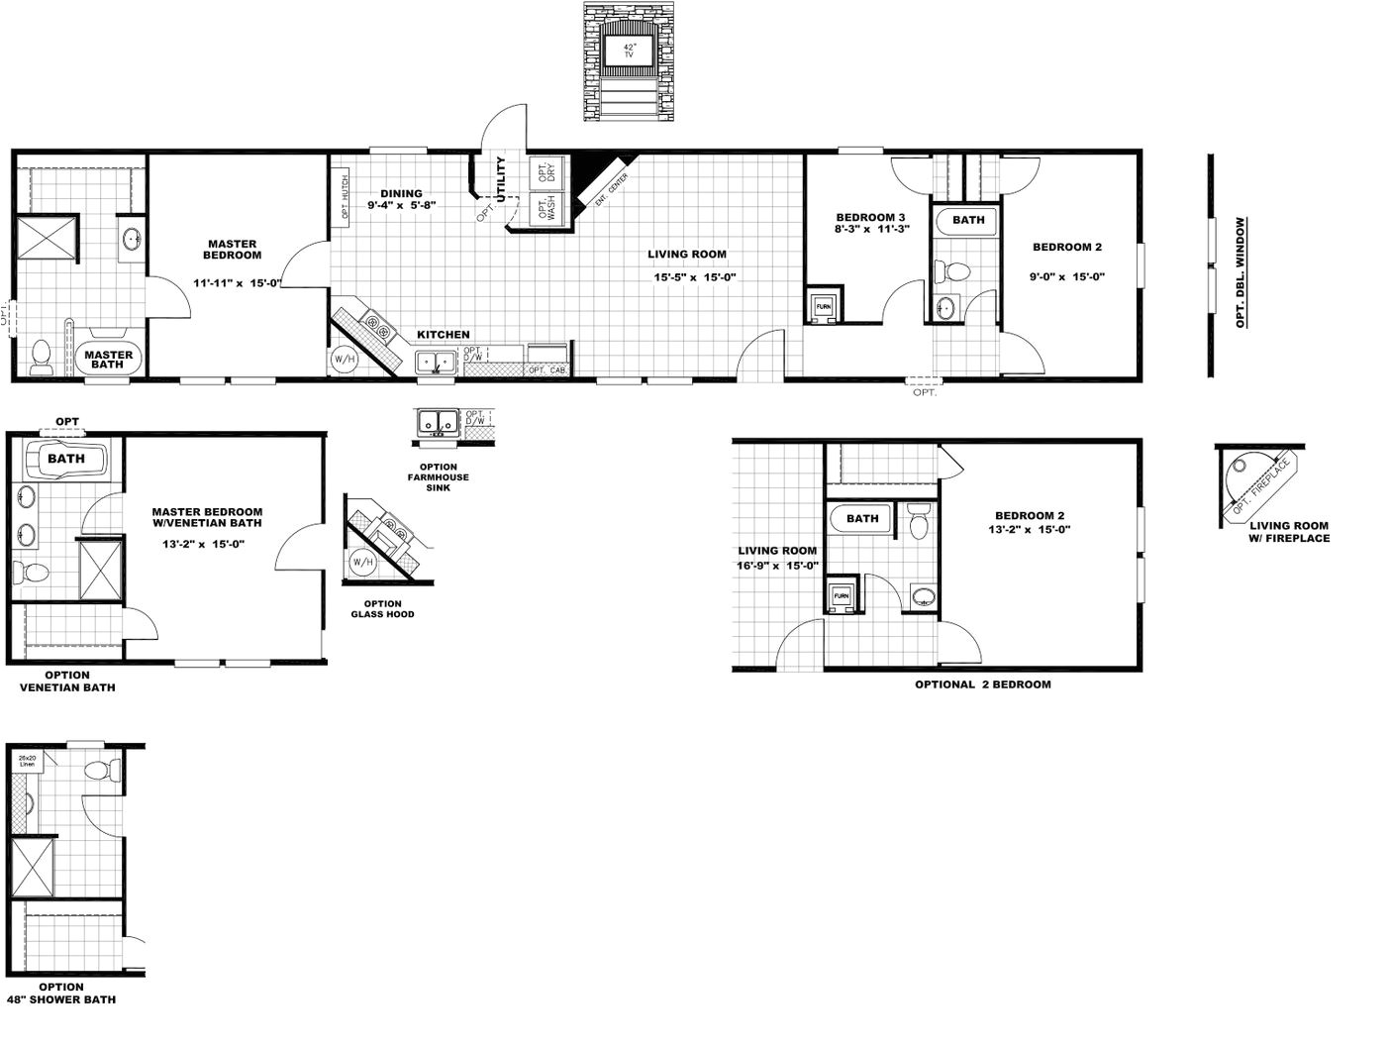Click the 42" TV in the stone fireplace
pos(629,51)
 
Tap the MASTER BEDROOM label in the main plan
pos(233,250)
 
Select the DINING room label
pos(401,194)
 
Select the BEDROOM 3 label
pos(870,217)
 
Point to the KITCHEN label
pos(443,335)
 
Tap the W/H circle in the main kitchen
pos(344,359)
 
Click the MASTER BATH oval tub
pos(108,360)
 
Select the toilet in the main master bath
pos(41,358)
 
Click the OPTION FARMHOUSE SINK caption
pos(439,477)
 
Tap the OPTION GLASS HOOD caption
pos(382,609)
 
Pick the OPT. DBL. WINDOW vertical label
pos(1240,272)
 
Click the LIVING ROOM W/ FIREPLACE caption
pos(1289,532)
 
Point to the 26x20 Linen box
pos(27,762)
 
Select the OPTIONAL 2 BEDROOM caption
pos(982,684)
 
